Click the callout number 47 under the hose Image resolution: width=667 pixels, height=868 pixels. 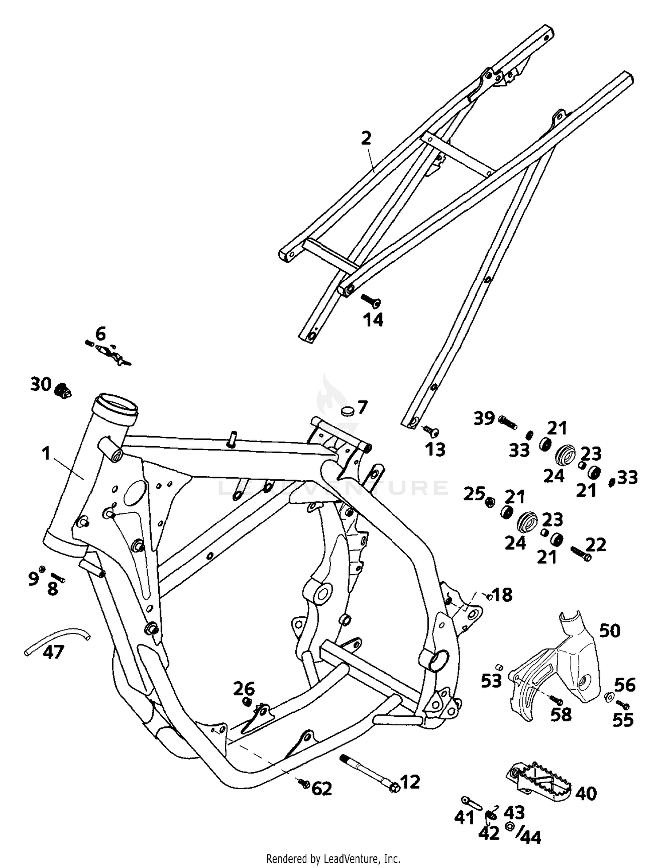[53, 652]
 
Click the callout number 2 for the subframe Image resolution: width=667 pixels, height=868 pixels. [366, 138]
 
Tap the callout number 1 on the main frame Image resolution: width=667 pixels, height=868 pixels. [45, 454]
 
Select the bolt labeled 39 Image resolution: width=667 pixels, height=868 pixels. [507, 421]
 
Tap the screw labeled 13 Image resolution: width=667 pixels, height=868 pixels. [431, 430]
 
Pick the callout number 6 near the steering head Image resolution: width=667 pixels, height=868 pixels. [101, 333]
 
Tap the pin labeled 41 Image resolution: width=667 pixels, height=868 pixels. [472, 802]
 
